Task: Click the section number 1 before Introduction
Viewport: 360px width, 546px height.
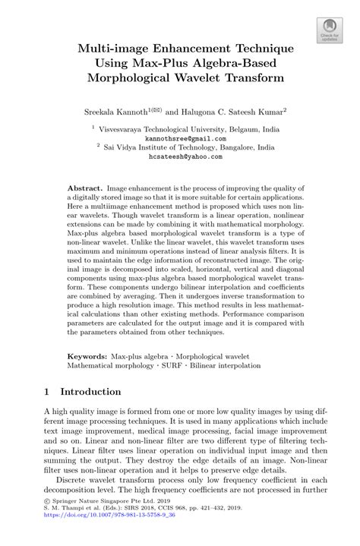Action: pos(46,393)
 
